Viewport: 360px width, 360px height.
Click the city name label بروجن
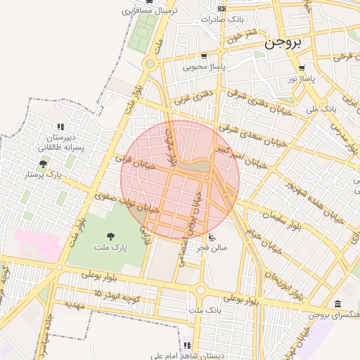click(285, 44)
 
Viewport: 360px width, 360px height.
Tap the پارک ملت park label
click(110, 248)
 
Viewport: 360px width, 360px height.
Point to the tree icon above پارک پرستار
click(44, 163)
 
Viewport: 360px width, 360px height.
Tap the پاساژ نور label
click(302, 79)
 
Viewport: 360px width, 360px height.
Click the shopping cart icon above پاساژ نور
click(302, 68)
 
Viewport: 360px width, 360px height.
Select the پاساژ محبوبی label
click(202, 67)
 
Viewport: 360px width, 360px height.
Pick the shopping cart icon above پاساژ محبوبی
click(203, 56)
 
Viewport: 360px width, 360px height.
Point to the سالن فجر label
click(212, 247)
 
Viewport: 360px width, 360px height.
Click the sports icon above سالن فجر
click(212, 236)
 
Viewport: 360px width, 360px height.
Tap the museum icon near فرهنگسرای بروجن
click(338, 304)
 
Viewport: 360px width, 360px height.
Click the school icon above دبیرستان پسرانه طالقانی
click(60, 127)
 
